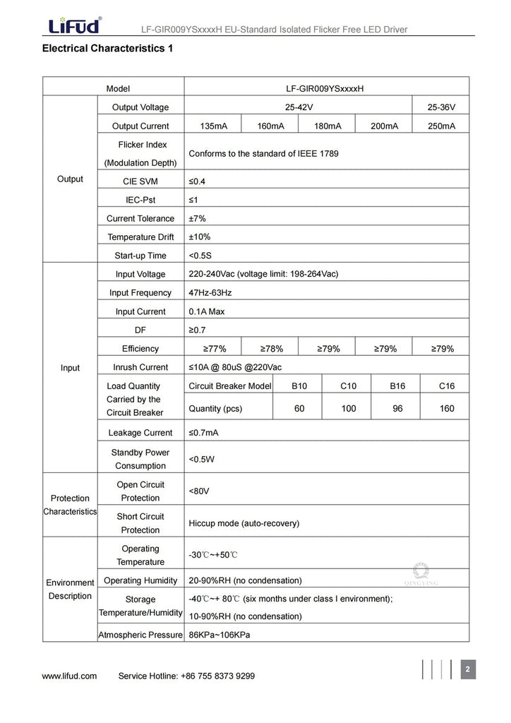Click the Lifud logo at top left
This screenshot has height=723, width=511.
pos(74,25)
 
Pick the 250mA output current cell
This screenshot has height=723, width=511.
pos(441,126)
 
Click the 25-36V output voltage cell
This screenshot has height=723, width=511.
pos(441,107)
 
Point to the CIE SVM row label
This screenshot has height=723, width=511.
pos(140,181)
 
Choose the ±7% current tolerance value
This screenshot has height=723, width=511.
pos(197,219)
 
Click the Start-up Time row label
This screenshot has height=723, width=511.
pos(140,256)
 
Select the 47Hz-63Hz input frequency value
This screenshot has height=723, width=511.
pos(210,293)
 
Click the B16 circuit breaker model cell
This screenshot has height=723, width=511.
pos(397,386)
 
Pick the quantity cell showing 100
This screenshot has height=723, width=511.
pos(349,409)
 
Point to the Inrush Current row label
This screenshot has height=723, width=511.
pos(140,367)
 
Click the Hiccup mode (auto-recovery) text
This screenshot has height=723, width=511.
pos(244,523)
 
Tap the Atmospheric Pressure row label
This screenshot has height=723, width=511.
pos(140,635)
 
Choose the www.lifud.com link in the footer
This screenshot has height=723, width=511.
pos(69,676)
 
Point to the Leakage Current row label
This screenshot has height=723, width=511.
pos(140,433)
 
